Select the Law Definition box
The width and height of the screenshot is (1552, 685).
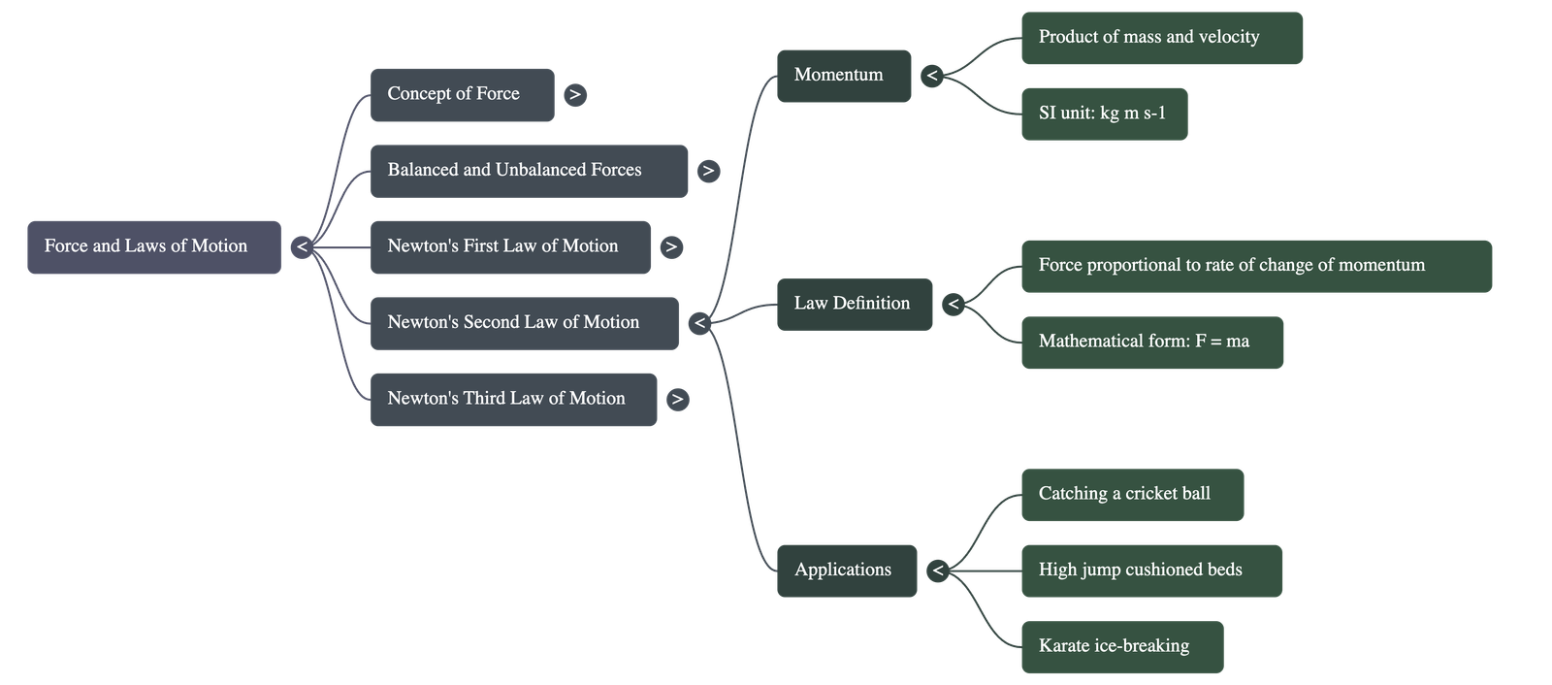pyautogui.click(x=854, y=304)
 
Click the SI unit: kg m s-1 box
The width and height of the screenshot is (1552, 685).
pyautogui.click(x=1104, y=114)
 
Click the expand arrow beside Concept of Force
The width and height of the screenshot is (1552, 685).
pyautogui.click(x=575, y=94)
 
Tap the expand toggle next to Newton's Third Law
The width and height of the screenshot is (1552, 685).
pyautogui.click(x=678, y=399)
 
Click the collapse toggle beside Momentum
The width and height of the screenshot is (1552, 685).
pyautogui.click(x=931, y=76)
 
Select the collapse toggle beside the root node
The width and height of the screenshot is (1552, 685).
pyautogui.click(x=302, y=247)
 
